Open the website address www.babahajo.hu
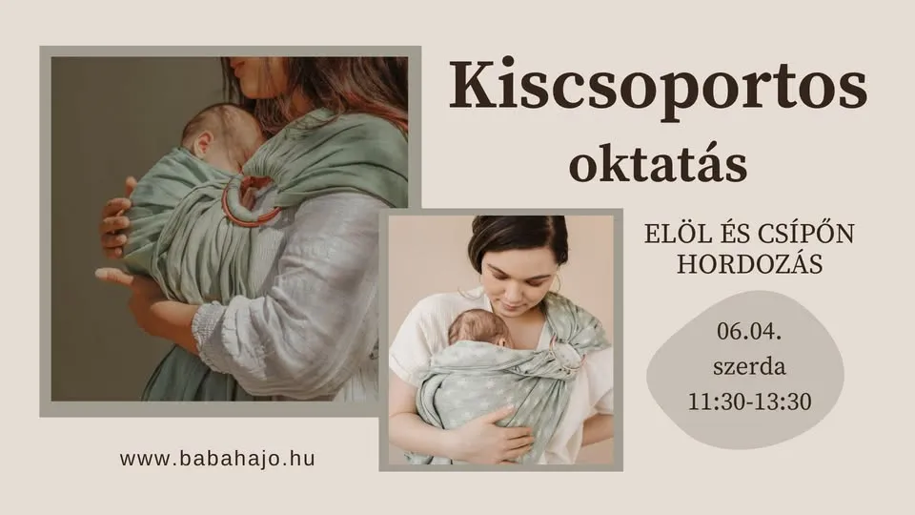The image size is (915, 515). [x=217, y=458]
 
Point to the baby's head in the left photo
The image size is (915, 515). [x=221, y=134]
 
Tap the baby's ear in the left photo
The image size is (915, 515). [x=202, y=145]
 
